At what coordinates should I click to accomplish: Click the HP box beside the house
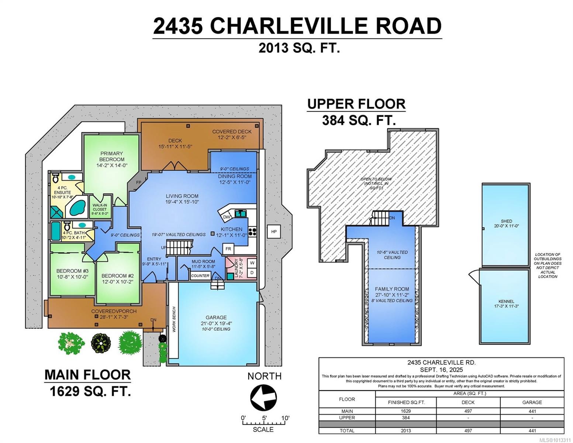(x=273, y=231)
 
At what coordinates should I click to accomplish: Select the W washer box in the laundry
(x=252, y=263)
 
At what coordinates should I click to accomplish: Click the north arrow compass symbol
(x=263, y=398)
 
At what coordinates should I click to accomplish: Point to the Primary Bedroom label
(x=111, y=157)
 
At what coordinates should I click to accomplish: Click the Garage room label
(x=216, y=317)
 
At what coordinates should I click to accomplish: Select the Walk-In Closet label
(x=100, y=207)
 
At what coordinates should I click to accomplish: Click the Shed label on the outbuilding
(x=506, y=221)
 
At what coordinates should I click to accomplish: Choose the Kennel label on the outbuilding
(x=506, y=301)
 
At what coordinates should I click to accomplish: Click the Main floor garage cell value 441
(x=532, y=411)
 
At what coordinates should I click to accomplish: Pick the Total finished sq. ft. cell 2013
(x=405, y=430)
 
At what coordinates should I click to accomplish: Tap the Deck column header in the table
(x=468, y=402)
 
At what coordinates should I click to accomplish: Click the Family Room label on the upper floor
(x=392, y=289)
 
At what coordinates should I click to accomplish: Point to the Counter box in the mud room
(x=200, y=276)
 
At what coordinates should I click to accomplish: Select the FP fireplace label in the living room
(x=139, y=182)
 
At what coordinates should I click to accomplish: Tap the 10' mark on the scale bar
(x=285, y=418)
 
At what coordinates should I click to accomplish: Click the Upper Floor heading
(x=356, y=104)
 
